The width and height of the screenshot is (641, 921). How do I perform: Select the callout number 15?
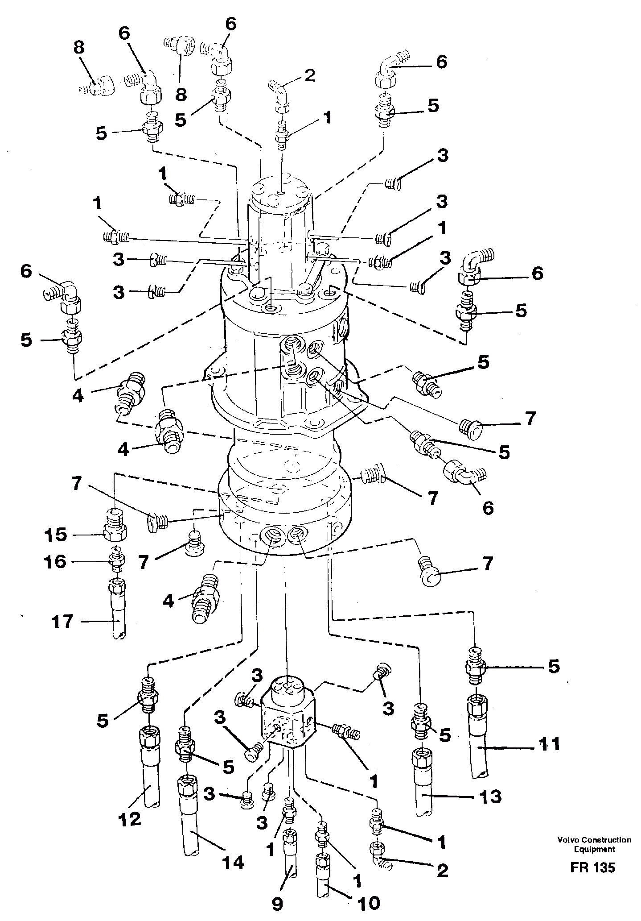pos(56,535)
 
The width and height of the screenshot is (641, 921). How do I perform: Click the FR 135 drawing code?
pos(592,867)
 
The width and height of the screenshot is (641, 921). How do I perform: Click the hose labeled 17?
pos(117,614)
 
